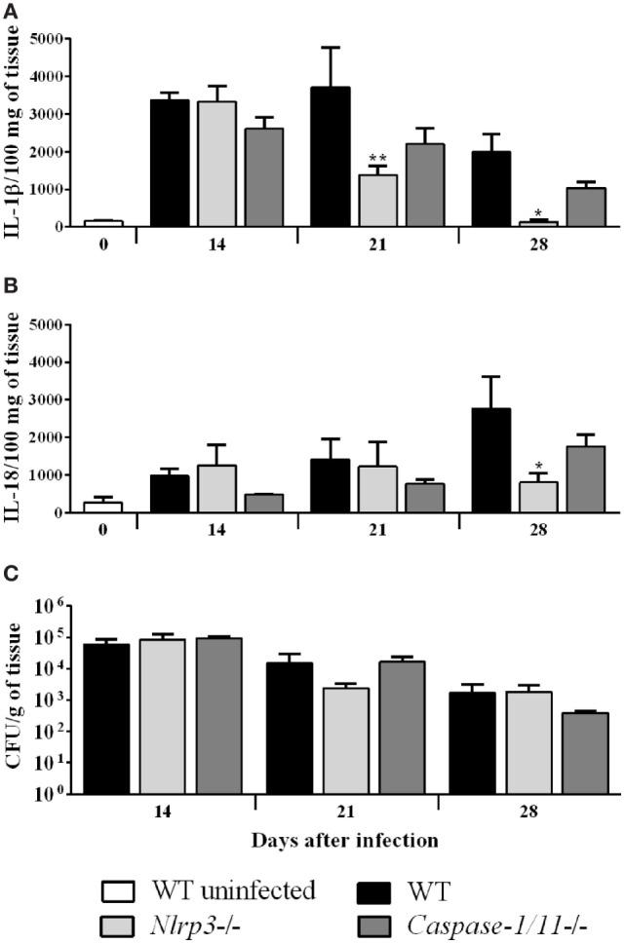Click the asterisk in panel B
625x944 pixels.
537,469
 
